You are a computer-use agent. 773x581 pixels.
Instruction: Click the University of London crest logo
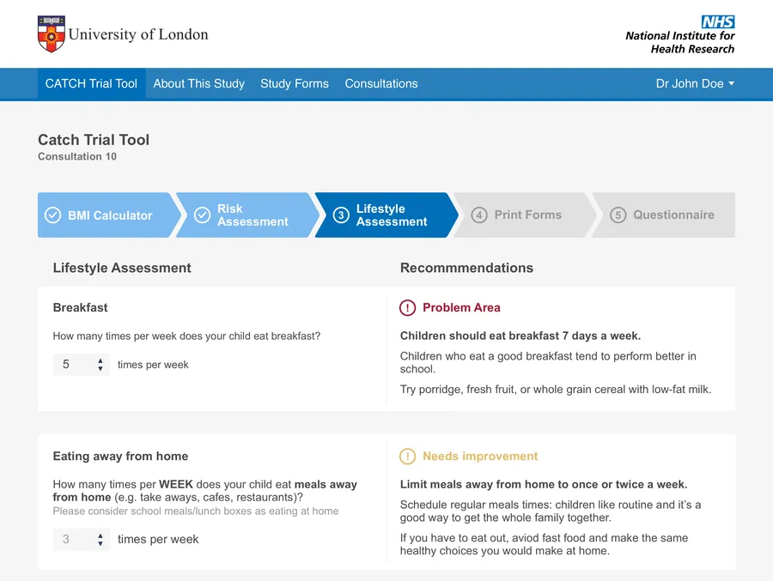click(52, 34)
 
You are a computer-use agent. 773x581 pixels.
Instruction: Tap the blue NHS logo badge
click(718, 21)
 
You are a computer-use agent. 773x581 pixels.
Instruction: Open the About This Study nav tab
click(198, 83)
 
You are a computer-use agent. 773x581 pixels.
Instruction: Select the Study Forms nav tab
click(295, 83)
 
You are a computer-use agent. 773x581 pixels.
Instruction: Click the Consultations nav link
click(381, 83)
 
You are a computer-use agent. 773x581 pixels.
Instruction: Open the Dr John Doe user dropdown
click(695, 83)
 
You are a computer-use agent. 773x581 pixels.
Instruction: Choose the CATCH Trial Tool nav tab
click(91, 83)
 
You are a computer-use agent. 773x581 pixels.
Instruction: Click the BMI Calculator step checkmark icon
click(52, 215)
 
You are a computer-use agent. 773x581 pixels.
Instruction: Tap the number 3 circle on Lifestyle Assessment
click(341, 215)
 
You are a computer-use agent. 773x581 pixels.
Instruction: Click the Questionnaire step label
click(673, 215)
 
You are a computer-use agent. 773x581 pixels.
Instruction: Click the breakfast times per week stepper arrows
click(100, 365)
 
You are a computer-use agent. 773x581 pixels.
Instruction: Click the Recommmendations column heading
click(466, 268)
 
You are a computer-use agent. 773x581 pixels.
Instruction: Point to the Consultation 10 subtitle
click(77, 156)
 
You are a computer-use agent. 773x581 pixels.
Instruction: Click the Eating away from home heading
click(120, 457)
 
